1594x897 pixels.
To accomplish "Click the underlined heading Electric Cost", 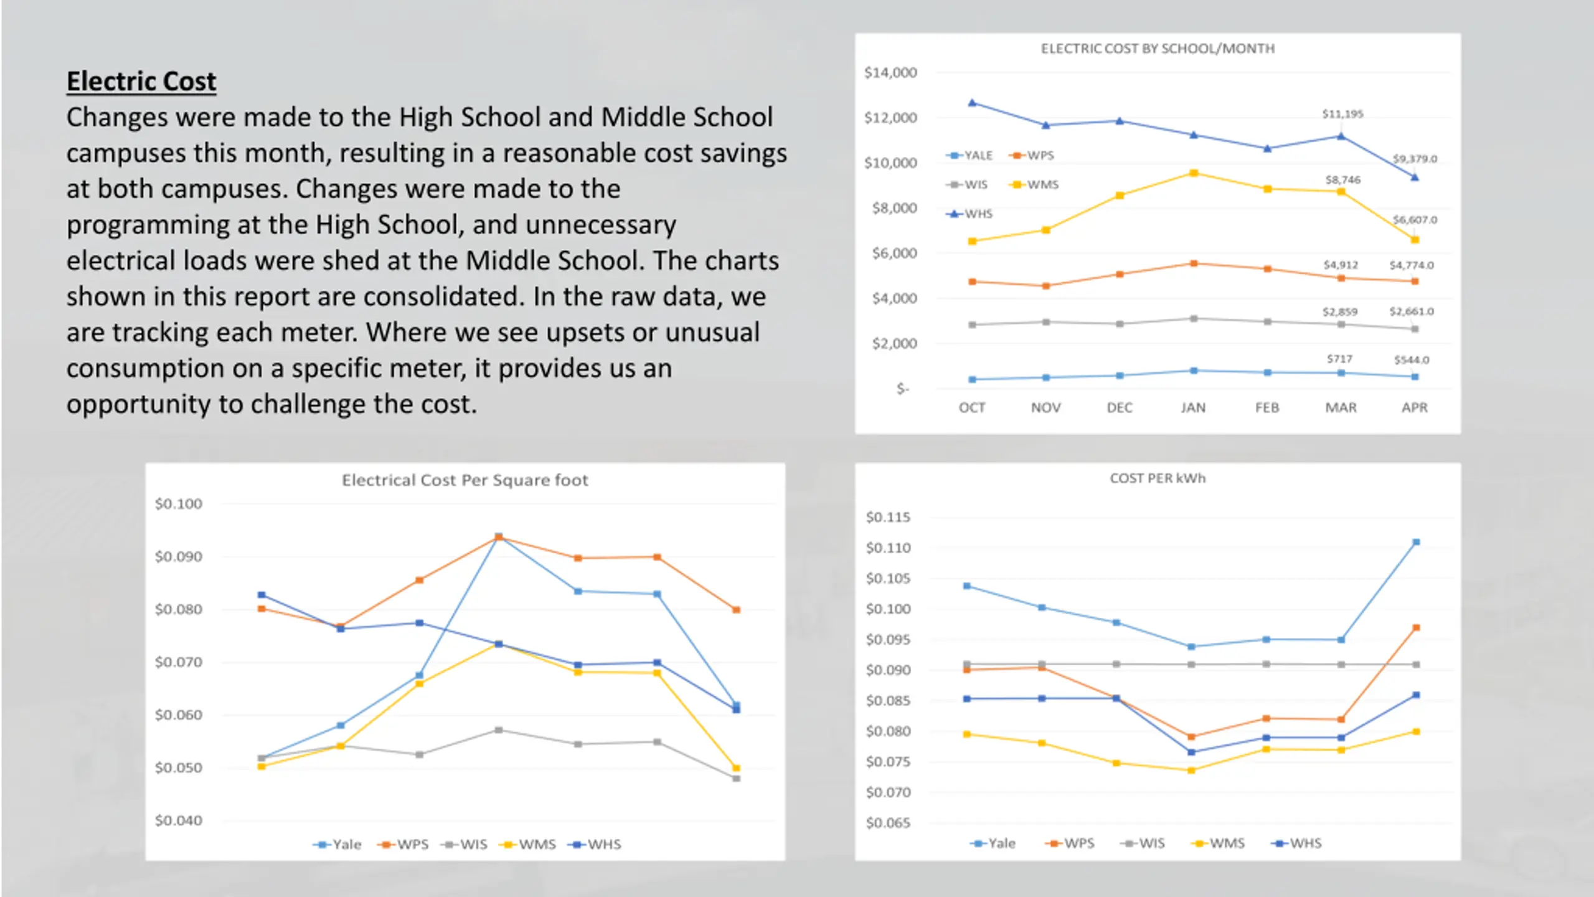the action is (141, 82).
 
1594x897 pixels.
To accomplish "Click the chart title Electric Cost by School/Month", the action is (1158, 49).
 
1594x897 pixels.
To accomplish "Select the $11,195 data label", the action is (1342, 114).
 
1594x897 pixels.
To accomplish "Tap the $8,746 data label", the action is (1343, 180).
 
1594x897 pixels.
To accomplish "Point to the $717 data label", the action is (1339, 359).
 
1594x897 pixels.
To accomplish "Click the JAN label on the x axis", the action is (1193, 407).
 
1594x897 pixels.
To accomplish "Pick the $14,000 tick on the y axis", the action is (890, 73).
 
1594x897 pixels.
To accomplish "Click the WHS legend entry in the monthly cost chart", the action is (969, 214).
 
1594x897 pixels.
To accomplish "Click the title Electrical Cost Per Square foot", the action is (465, 480).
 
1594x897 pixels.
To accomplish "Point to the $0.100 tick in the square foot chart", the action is (179, 504).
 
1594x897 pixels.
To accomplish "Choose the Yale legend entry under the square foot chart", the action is (337, 845).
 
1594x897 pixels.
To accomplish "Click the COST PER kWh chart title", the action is (1158, 478).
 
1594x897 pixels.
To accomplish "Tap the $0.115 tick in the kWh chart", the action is (888, 517).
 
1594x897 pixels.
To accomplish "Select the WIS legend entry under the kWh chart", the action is (1142, 843).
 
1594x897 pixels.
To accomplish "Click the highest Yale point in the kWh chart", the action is (1416, 543).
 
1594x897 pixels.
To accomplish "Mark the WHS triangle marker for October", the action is (973, 103).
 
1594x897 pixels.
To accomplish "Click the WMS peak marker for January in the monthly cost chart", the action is (1194, 173).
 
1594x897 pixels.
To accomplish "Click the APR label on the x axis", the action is (1414, 407).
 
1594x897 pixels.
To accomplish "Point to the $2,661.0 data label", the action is (1412, 311).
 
